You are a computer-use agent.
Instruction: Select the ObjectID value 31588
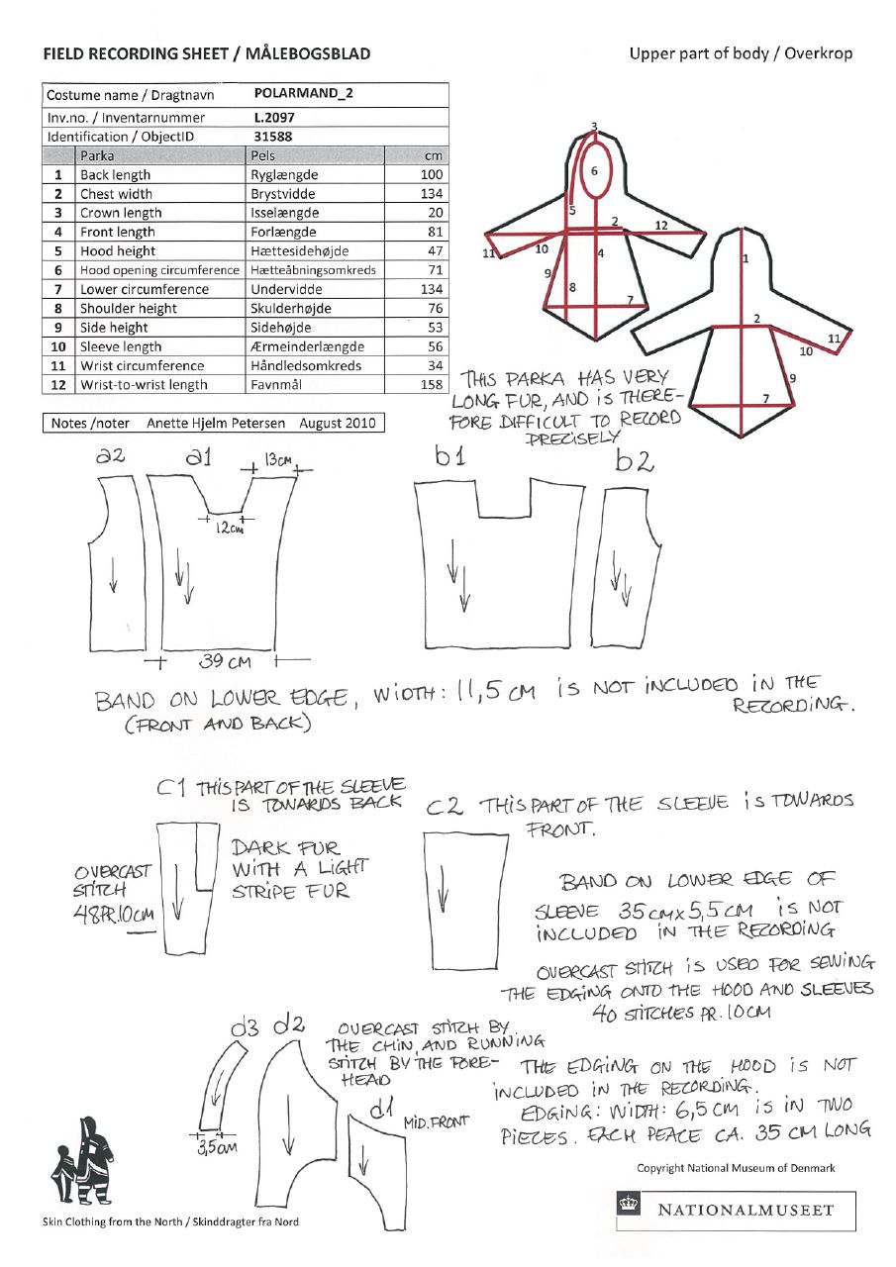272,137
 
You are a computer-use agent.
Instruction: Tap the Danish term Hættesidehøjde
300,251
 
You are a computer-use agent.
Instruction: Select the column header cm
434,155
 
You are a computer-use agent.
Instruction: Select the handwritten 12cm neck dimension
229,529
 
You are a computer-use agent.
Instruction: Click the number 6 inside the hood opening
594,171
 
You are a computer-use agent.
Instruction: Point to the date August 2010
335,424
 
